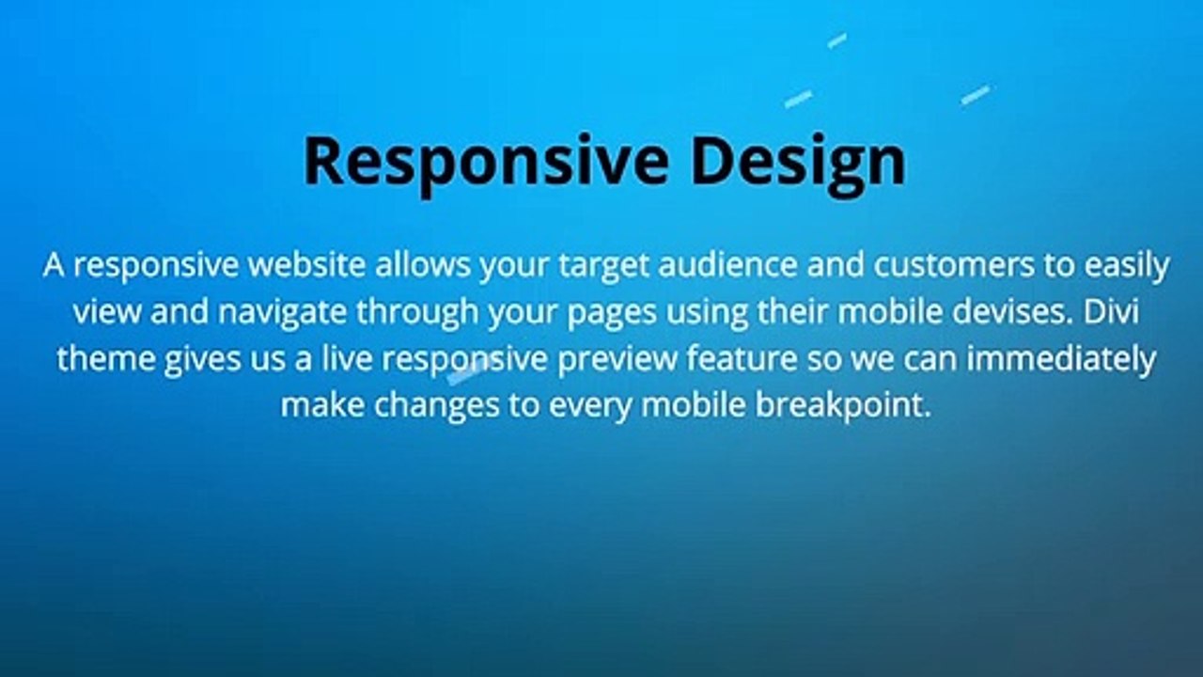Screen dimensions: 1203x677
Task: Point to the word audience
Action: click(x=727, y=264)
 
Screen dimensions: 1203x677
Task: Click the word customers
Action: click(x=954, y=264)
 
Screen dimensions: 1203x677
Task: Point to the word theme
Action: click(x=106, y=359)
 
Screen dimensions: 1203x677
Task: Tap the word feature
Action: click(x=742, y=359)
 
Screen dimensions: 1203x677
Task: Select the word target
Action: click(x=604, y=266)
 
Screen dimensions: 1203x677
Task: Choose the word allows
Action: click(x=423, y=264)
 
